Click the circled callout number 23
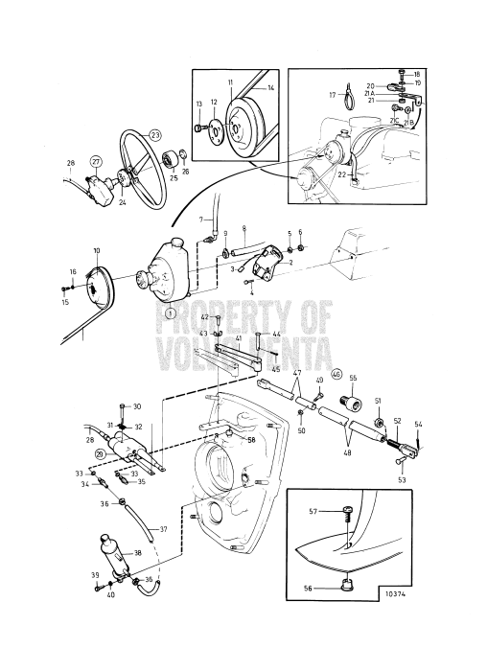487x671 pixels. click(x=156, y=135)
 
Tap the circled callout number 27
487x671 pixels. click(x=96, y=161)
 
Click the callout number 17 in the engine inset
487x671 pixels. click(x=332, y=95)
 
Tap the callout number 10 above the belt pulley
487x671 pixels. click(x=95, y=251)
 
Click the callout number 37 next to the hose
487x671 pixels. click(x=163, y=529)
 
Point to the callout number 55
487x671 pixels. click(x=353, y=380)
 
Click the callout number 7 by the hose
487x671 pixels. click(x=203, y=220)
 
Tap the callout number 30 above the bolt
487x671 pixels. click(x=137, y=406)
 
